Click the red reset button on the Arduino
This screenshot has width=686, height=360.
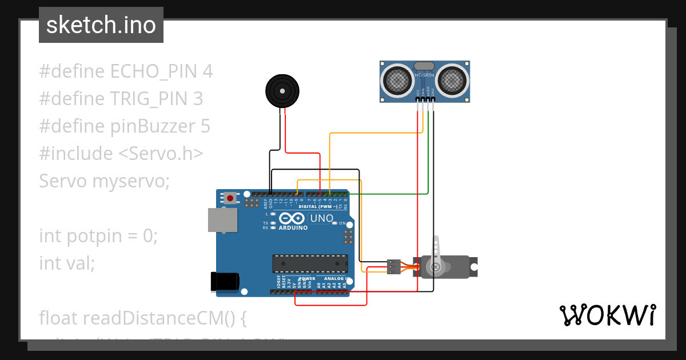pyautogui.click(x=230, y=198)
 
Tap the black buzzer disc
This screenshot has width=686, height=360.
pyautogui.click(x=282, y=90)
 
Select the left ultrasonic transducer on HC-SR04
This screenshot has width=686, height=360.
pyautogui.click(x=397, y=80)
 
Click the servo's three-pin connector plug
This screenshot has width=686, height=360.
pyautogui.click(x=394, y=267)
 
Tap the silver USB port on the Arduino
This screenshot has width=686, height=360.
pyautogui.click(x=222, y=220)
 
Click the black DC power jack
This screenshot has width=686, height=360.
pyautogui.click(x=225, y=281)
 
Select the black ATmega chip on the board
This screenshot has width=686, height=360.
pyautogui.click(x=310, y=263)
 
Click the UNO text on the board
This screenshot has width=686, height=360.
pyautogui.click(x=321, y=218)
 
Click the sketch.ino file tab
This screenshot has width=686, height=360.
pyautogui.click(x=101, y=25)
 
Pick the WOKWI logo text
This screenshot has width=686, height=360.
pyautogui.click(x=607, y=315)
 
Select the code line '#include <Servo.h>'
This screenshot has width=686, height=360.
pyautogui.click(x=121, y=154)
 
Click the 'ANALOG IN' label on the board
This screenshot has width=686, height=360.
pyautogui.click(x=335, y=278)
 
